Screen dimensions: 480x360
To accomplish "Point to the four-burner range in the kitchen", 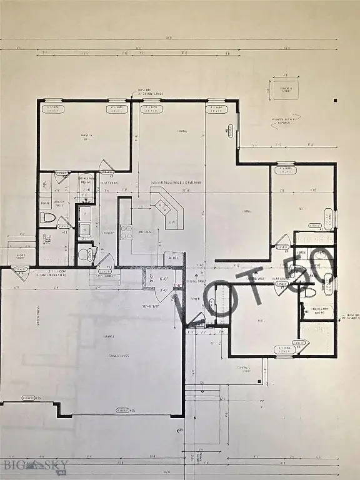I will coord(126,232).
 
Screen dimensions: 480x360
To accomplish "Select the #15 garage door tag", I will coord(125,410).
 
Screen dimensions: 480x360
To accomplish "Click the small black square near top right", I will coord(336,99).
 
